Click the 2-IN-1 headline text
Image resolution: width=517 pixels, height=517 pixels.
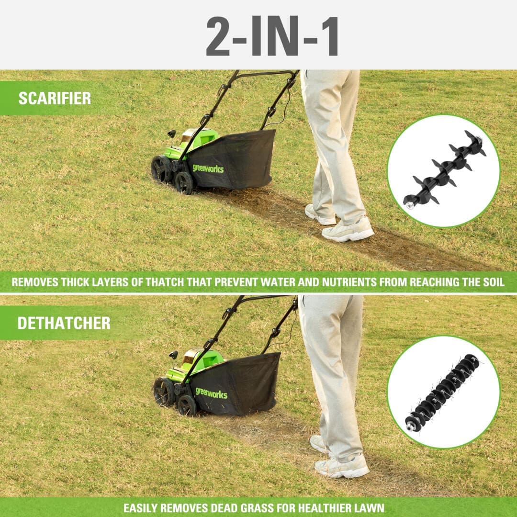pos(272,36)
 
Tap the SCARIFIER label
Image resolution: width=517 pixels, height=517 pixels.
pos(55,98)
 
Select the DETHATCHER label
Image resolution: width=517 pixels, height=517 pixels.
pos(64,323)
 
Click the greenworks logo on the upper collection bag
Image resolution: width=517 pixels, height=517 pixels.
pos(208,169)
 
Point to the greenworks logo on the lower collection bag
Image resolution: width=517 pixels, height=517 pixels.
pos(212,393)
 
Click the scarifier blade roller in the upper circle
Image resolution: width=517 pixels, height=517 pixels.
pos(444,170)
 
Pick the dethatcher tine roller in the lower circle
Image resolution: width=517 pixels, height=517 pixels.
pos(442,393)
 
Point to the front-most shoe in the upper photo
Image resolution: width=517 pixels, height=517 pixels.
pos(348,230)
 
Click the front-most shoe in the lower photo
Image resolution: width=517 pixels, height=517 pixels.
pos(342,466)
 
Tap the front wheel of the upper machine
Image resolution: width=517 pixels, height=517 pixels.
pos(184,183)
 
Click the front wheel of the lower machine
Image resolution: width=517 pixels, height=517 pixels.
pos(187,406)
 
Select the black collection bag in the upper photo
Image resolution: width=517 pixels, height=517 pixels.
pos(233,160)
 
